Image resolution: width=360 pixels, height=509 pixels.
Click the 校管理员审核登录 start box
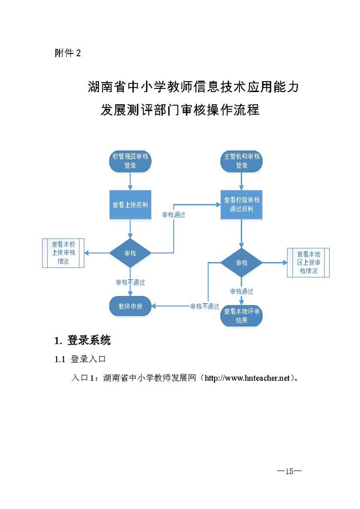click(130, 161)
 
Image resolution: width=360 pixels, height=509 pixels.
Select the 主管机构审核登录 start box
click(241, 161)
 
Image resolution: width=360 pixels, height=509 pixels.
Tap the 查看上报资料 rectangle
click(130, 204)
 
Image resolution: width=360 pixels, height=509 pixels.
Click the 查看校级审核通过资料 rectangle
click(241, 204)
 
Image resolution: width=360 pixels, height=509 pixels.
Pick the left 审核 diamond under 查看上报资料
click(130, 253)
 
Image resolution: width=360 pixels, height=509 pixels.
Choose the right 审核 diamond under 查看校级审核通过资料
click(241, 263)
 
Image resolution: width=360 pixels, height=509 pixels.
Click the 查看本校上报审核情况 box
click(64, 253)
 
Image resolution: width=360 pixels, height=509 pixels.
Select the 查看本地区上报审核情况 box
click(308, 263)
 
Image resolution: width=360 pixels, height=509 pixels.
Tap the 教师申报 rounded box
click(130, 306)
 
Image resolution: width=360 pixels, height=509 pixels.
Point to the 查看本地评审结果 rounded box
click(241, 316)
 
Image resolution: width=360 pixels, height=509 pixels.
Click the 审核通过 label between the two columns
click(173, 215)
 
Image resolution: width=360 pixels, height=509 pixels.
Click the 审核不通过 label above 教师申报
click(130, 282)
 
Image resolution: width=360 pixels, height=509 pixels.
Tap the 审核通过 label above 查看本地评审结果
click(241, 291)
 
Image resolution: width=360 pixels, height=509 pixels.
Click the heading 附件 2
click(68, 54)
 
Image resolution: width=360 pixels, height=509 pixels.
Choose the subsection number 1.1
click(60, 360)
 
